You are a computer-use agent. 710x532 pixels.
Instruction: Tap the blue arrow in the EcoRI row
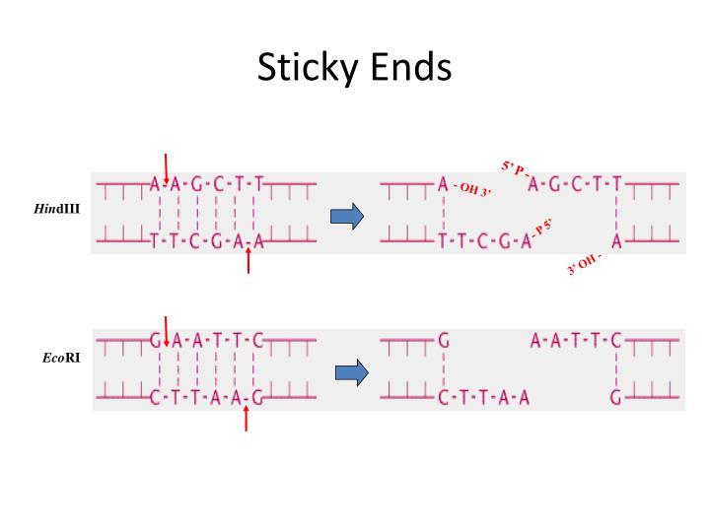coord(349,372)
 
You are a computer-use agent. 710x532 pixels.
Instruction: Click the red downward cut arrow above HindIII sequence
coord(166,165)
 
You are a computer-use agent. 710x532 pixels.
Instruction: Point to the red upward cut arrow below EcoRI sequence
coord(246,419)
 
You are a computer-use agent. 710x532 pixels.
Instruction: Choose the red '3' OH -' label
coord(584,265)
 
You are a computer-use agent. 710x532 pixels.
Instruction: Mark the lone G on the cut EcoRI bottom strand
coord(616,399)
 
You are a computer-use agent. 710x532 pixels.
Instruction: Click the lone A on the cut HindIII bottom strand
coord(616,240)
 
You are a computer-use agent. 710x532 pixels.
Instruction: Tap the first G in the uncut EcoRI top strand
coord(156,342)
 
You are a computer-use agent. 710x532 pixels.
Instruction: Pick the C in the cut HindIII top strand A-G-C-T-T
coord(575,183)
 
